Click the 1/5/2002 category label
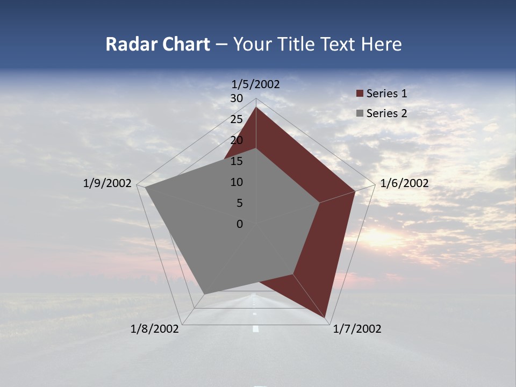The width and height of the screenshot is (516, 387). point(256,84)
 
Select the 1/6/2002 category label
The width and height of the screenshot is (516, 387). point(404,183)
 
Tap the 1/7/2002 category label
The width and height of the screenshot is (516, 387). point(357,329)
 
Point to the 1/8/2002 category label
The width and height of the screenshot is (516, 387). point(155,329)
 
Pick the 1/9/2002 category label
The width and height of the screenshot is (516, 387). point(107,183)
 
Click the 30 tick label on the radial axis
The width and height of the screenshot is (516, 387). point(236,98)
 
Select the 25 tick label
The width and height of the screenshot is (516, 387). point(236,119)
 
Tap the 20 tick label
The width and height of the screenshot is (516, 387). point(236,140)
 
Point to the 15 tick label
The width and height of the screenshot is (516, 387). point(236,161)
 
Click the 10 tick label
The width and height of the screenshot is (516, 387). point(236,182)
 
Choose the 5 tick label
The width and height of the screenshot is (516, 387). point(239,203)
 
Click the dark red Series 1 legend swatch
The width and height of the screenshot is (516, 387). point(360,94)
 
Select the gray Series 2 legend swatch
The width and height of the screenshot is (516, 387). point(360,113)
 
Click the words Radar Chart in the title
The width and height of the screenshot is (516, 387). point(157,44)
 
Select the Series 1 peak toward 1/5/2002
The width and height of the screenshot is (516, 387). point(256,107)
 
